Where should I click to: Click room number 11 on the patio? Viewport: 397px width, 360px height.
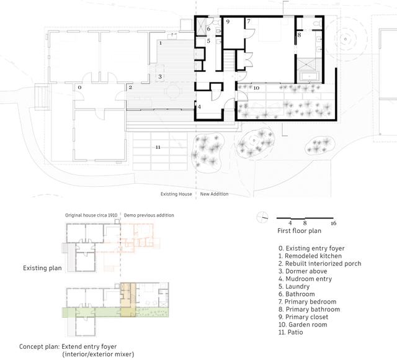[x=158, y=147]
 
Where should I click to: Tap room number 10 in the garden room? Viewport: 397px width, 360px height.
[x=256, y=88]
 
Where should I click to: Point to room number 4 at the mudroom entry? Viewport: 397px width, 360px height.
[x=199, y=107]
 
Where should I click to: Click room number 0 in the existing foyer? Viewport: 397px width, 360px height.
[x=80, y=88]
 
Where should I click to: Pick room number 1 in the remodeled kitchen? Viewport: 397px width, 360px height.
[x=161, y=43]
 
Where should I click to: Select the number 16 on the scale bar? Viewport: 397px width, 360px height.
[x=333, y=222]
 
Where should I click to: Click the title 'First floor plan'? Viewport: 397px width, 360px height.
[x=299, y=231]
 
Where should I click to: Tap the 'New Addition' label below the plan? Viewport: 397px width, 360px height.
[x=214, y=194]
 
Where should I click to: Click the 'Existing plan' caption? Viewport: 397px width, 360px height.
[x=38, y=268]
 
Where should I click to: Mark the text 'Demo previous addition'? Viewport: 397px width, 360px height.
[x=149, y=215]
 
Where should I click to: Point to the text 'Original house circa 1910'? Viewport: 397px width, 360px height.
[x=92, y=215]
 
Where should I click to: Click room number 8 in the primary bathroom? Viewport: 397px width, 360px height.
[x=299, y=35]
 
